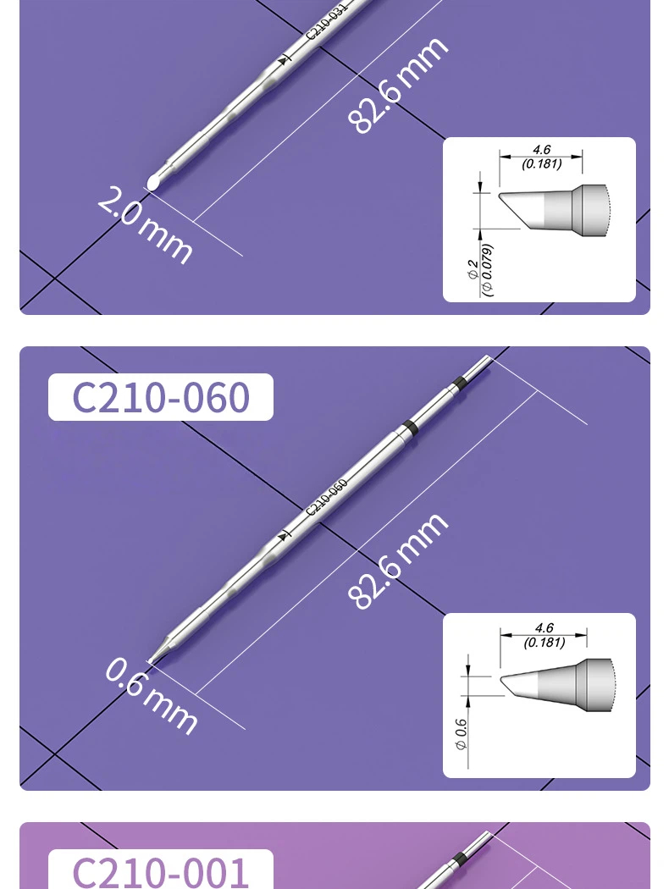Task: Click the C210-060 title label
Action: click(x=160, y=397)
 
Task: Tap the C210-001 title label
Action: click(x=160, y=870)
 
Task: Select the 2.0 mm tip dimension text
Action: click(x=145, y=224)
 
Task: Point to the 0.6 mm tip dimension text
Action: click(x=152, y=696)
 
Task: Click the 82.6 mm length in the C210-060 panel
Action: click(x=397, y=561)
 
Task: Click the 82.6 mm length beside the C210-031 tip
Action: click(x=397, y=86)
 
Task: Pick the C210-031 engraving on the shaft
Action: click(x=326, y=21)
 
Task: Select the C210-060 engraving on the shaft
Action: click(x=326, y=497)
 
